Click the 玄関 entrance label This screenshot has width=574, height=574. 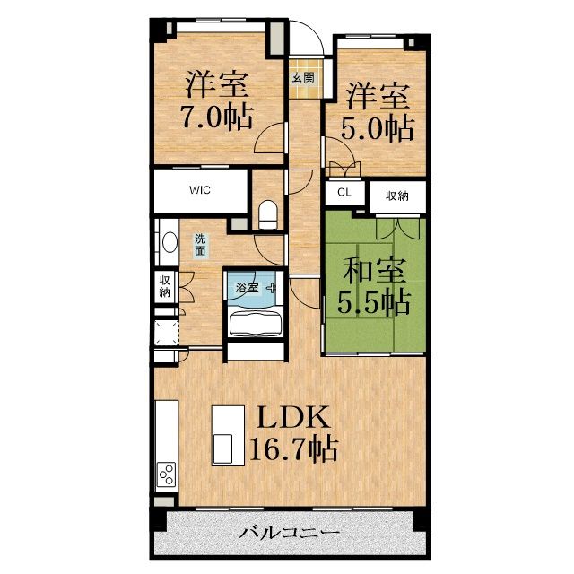click(303, 78)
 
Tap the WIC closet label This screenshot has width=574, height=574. click(200, 190)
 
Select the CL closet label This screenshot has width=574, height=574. click(344, 192)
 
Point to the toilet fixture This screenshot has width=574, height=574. click(268, 214)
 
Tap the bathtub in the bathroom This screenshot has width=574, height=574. click(256, 323)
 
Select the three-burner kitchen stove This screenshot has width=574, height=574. click(166, 474)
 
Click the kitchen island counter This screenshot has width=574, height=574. click(229, 436)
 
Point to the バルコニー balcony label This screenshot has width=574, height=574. click(289, 532)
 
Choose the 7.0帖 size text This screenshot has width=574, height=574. click(218, 117)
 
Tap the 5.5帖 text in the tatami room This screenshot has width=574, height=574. click(373, 303)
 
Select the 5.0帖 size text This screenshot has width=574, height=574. click(378, 128)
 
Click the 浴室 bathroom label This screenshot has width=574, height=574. click(248, 288)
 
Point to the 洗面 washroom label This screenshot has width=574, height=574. click(200, 245)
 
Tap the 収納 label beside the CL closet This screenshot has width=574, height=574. click(396, 196)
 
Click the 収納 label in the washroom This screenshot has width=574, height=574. click(164, 287)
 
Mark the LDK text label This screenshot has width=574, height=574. click(293, 417)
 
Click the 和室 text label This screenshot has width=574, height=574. click(374, 270)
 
